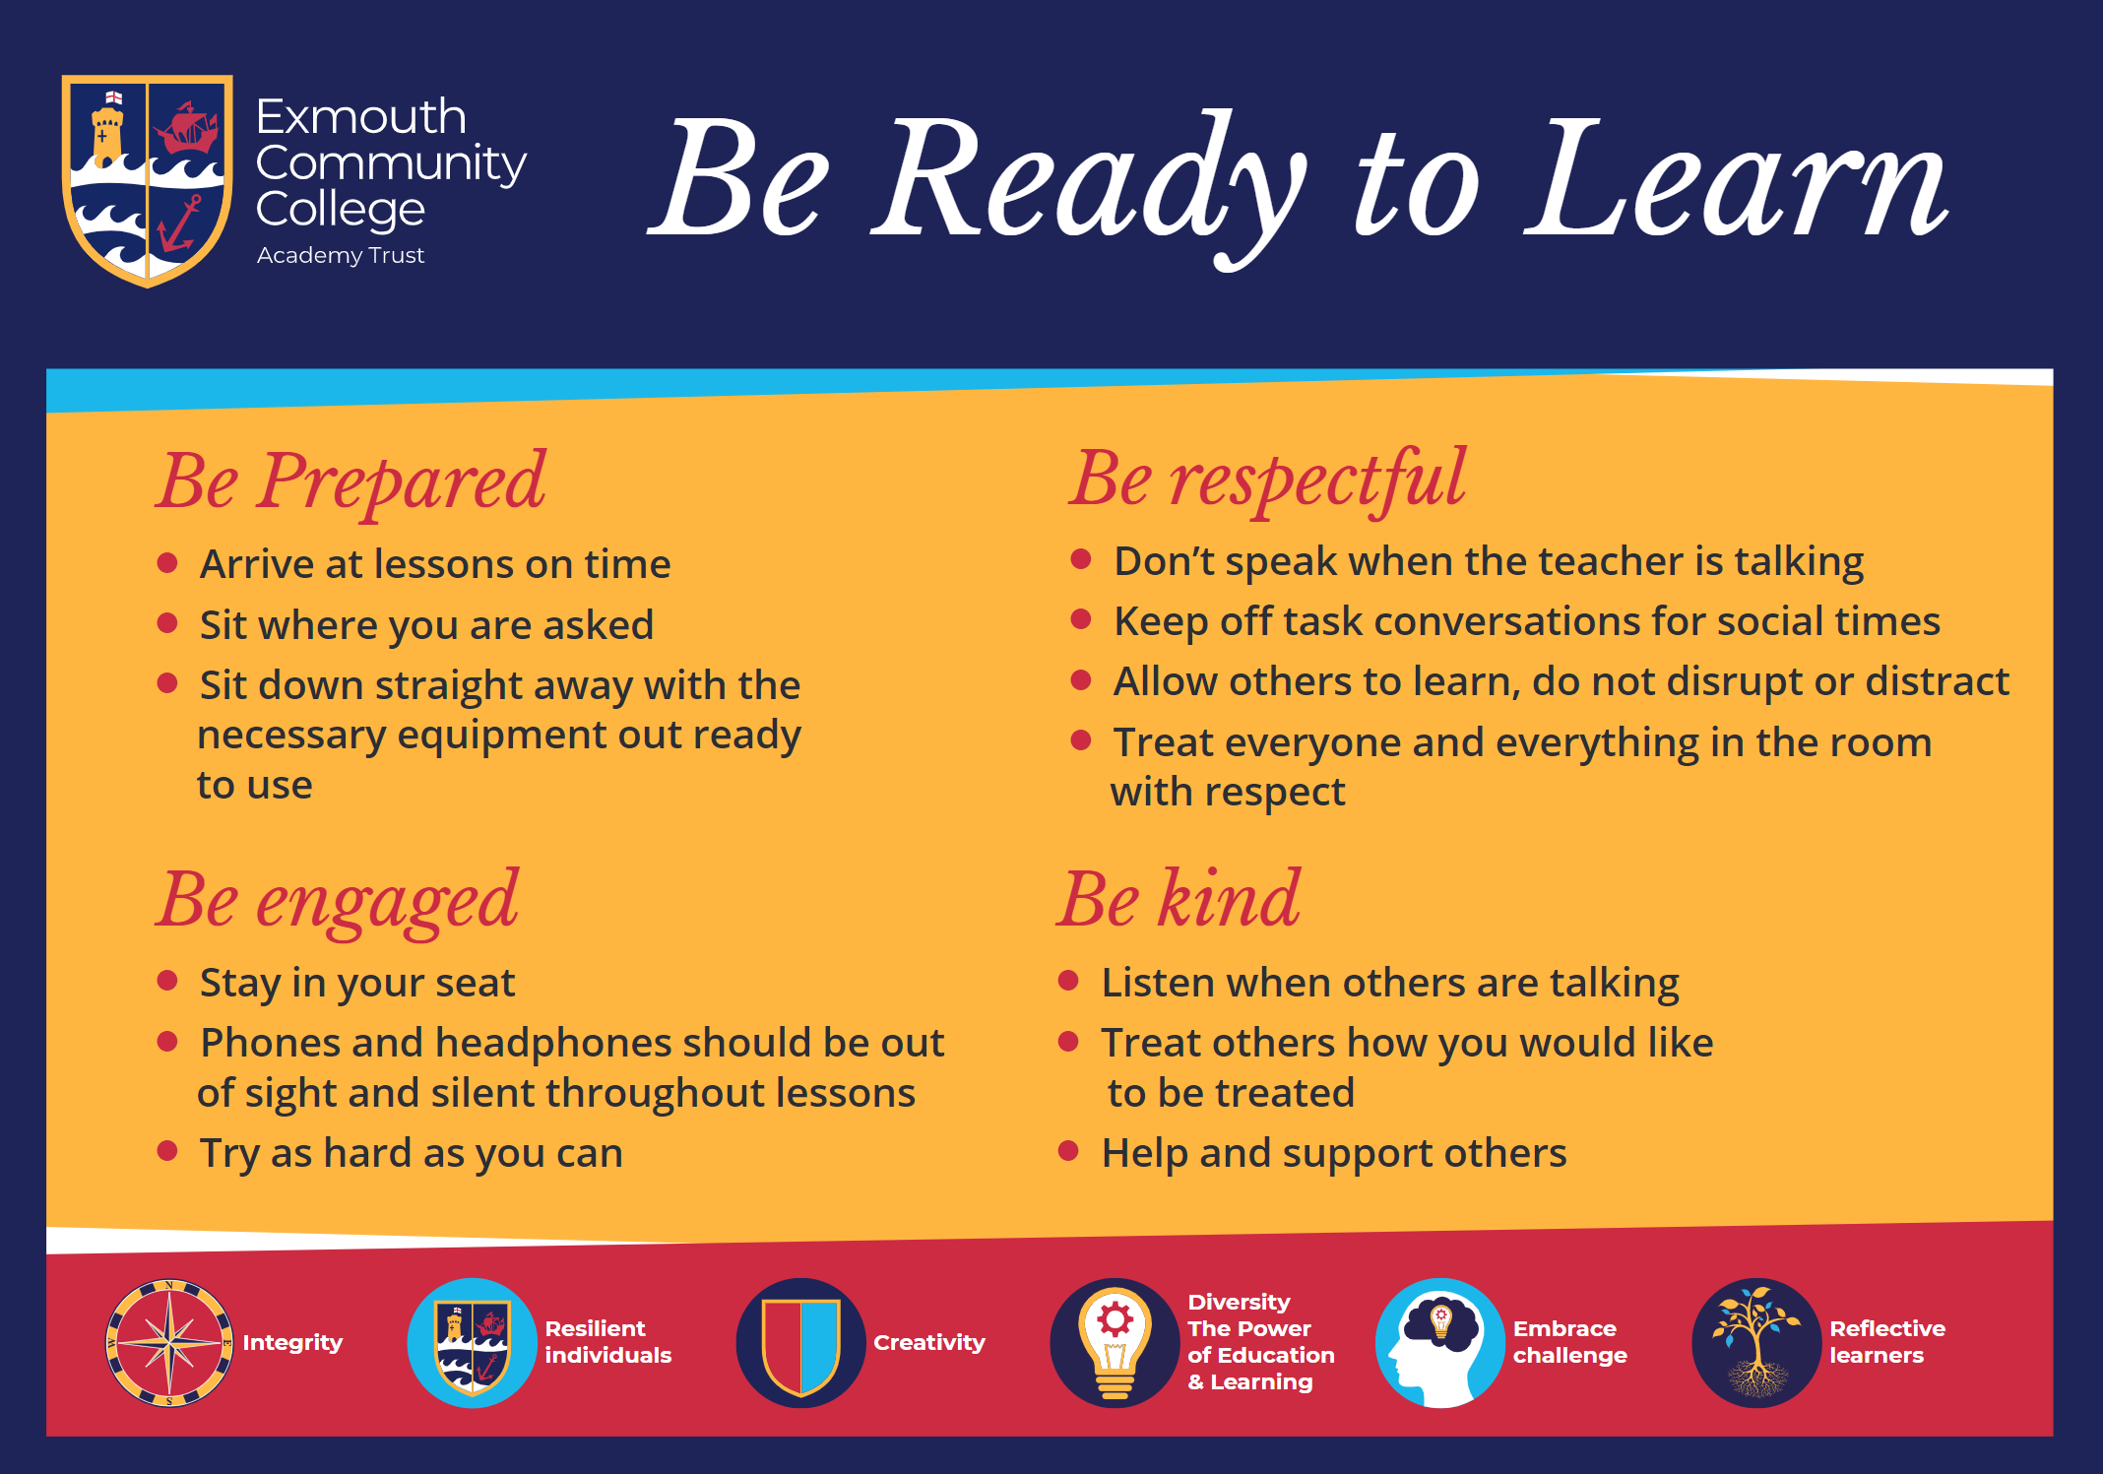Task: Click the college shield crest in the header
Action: (x=148, y=180)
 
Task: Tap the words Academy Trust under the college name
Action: (x=341, y=255)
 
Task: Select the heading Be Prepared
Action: (x=350, y=482)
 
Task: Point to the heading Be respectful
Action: (x=1268, y=481)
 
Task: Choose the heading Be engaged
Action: (x=337, y=901)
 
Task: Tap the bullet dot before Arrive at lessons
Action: (x=167, y=563)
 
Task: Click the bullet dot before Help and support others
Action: (x=1068, y=1151)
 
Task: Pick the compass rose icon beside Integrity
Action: (x=169, y=1343)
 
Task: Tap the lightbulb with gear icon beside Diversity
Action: (x=1115, y=1343)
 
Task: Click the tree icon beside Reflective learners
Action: (x=1756, y=1343)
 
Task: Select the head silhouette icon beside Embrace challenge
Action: (x=1440, y=1343)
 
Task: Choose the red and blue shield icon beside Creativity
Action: (x=801, y=1343)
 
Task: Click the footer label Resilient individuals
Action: (x=608, y=1342)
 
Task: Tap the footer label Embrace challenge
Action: (x=1570, y=1342)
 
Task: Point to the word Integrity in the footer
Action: (x=292, y=1343)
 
